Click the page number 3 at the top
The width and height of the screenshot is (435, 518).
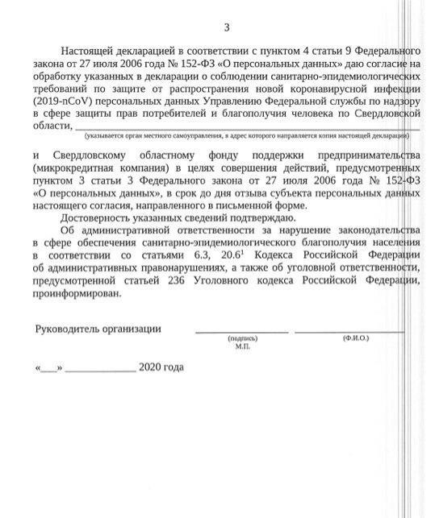click(x=227, y=28)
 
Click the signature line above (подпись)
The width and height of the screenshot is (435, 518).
click(x=241, y=332)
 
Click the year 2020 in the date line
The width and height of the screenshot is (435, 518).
click(x=151, y=367)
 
